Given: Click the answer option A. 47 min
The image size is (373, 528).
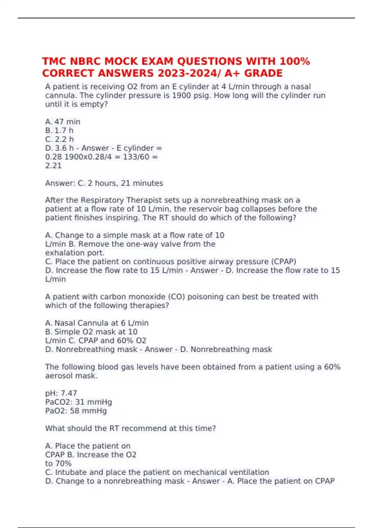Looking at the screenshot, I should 63,122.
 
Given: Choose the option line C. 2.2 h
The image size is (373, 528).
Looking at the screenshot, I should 60,139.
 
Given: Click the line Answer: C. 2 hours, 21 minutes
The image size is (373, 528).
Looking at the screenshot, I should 104,183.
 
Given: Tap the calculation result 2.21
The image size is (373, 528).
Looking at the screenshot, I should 53,166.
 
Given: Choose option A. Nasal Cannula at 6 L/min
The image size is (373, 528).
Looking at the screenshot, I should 97,323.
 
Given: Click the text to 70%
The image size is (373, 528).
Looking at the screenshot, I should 58,463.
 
